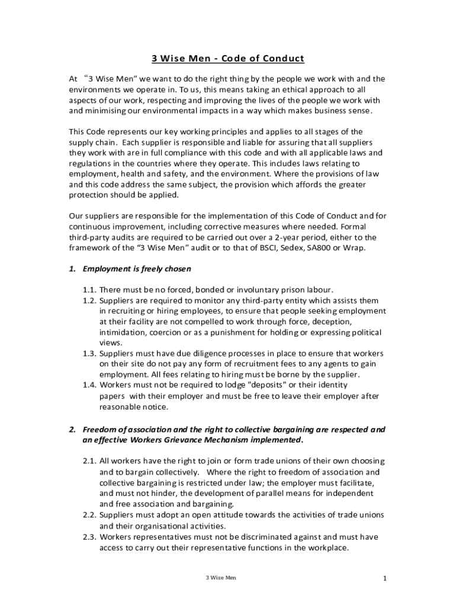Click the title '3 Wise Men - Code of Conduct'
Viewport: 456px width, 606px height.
point(227,58)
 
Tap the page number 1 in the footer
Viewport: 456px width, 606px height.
point(384,578)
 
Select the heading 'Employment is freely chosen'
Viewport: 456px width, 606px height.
point(137,269)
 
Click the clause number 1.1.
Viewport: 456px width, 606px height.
point(89,290)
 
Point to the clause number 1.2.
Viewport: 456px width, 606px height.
point(89,301)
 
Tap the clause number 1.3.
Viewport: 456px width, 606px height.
point(89,354)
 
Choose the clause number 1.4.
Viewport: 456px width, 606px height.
point(89,386)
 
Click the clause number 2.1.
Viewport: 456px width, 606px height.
point(89,461)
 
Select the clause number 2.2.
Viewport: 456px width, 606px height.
point(89,515)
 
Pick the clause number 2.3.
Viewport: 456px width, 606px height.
point(89,537)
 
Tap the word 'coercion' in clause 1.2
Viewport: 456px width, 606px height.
point(163,333)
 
